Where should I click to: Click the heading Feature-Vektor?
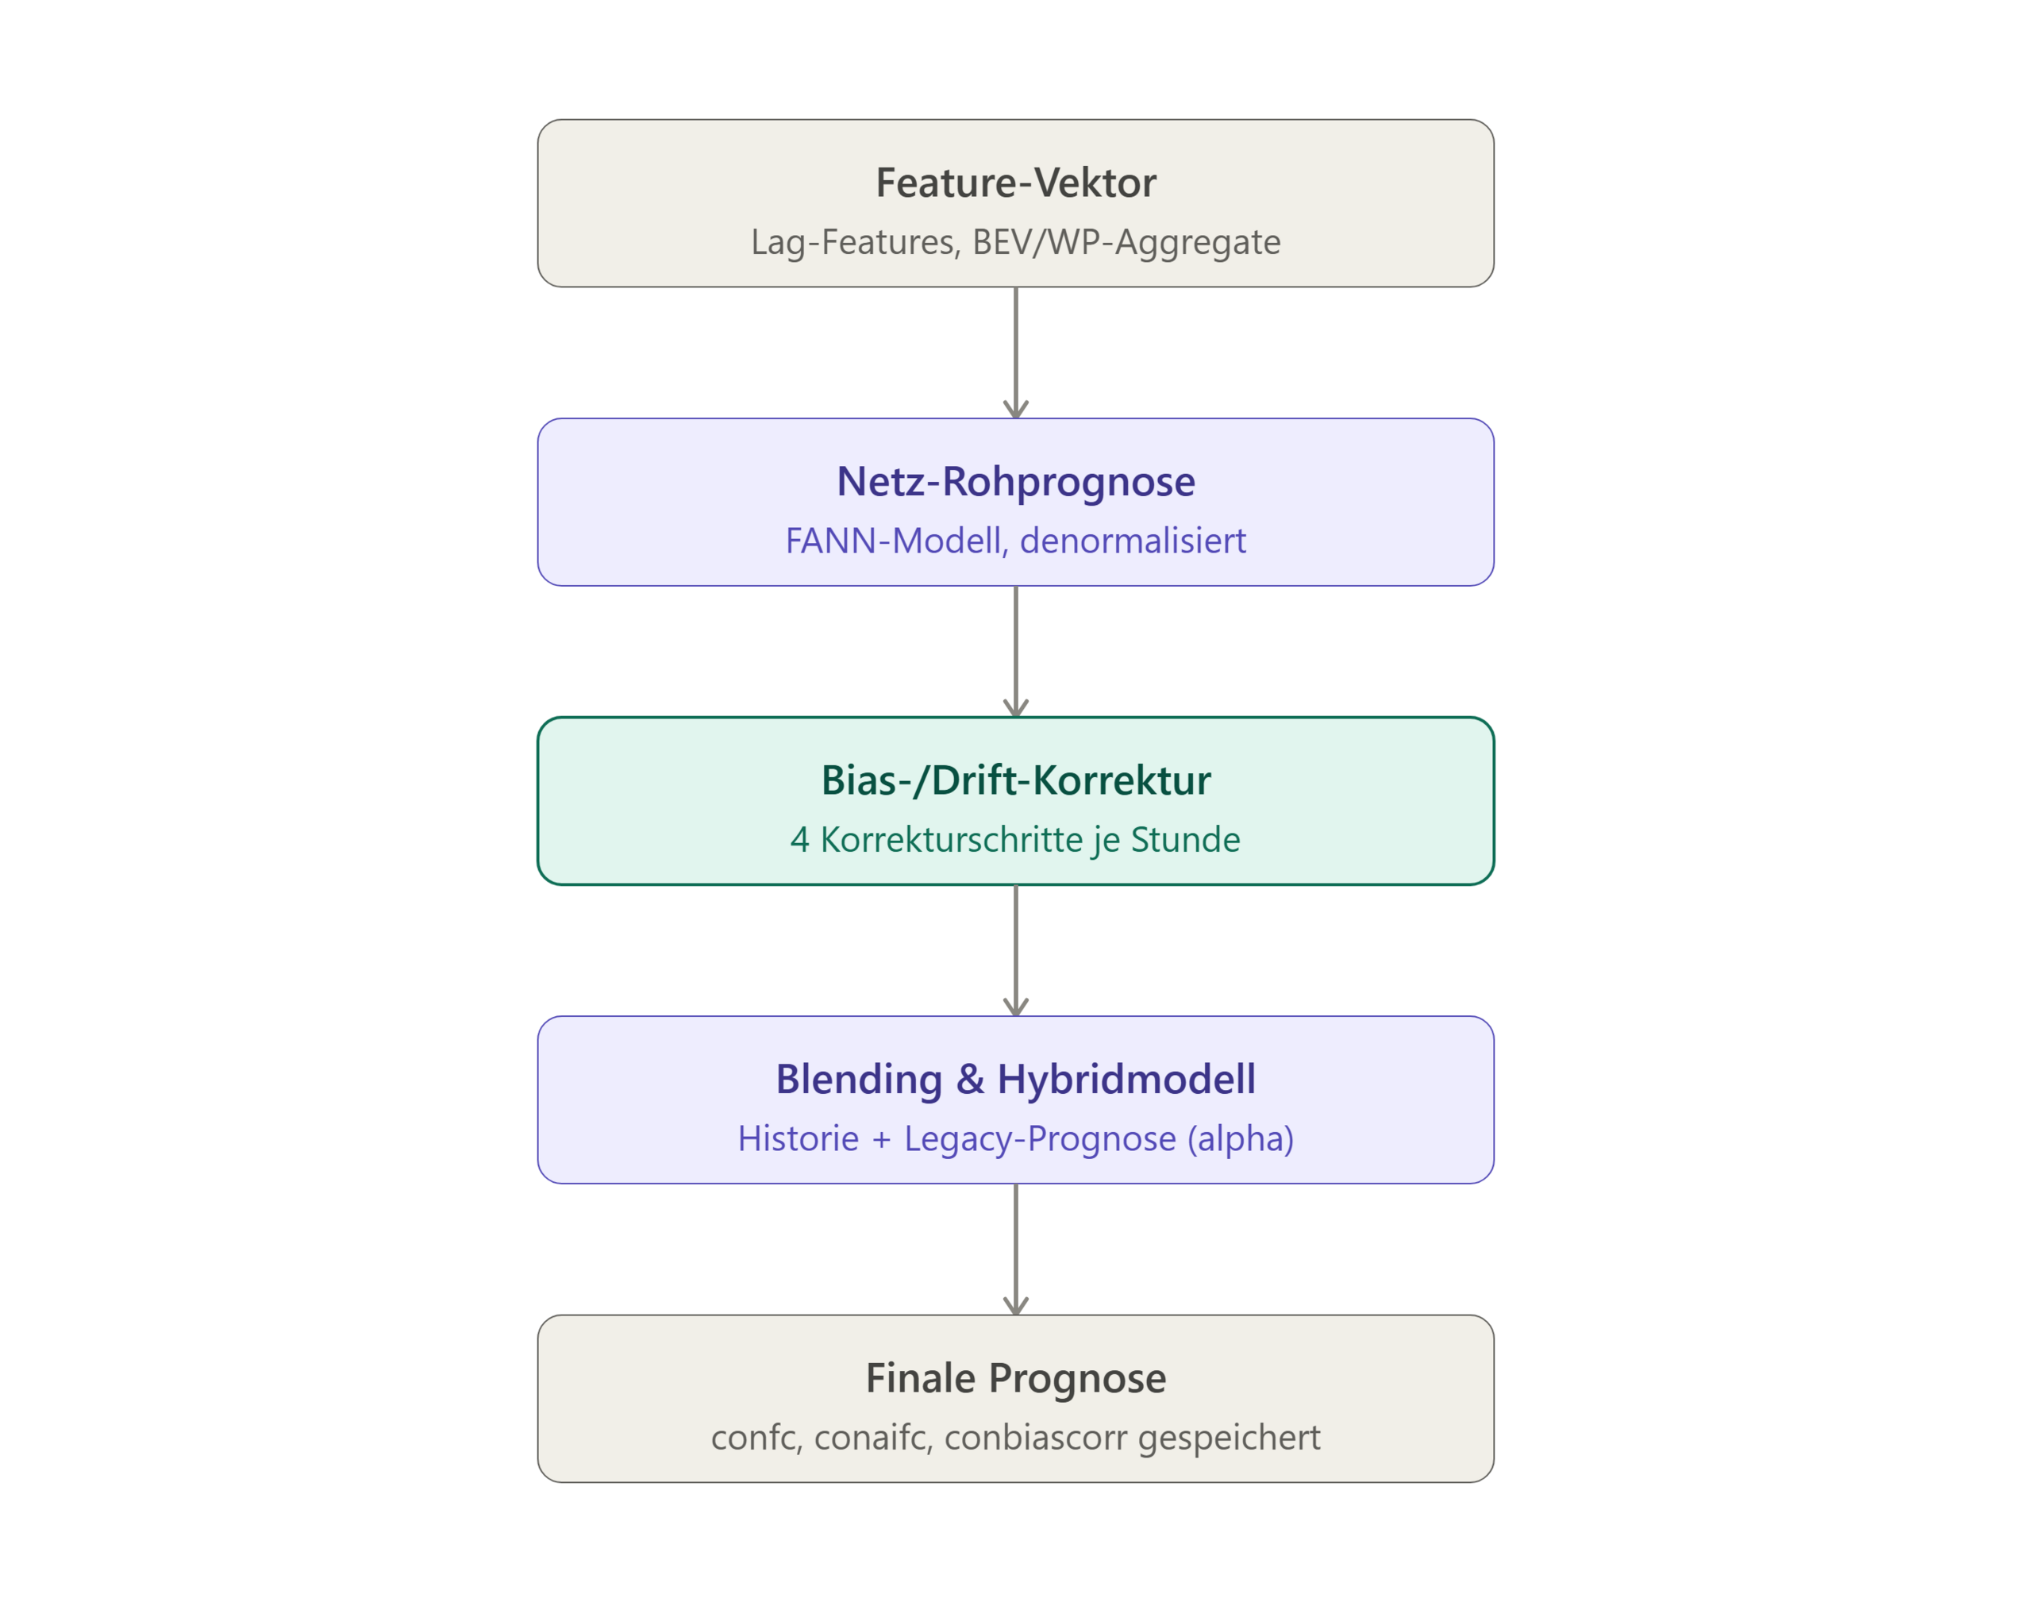pos(1015,183)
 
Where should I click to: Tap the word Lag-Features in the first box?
pos(855,242)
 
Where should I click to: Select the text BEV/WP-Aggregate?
pos(1126,242)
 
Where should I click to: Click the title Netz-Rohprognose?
pos(1015,481)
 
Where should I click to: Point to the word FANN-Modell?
pos(894,541)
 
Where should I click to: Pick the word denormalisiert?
pos(1133,541)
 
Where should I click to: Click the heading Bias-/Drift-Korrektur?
pos(1015,780)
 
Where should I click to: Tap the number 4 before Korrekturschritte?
pos(799,839)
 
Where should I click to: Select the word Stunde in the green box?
pos(1185,839)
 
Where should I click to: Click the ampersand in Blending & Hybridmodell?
pos(971,1080)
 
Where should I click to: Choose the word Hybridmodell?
pos(1126,1080)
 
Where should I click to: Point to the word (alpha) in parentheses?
pos(1241,1138)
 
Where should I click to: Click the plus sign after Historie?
pos(881,1140)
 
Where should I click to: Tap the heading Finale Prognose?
pos(1015,1379)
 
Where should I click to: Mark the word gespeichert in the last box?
pos(1230,1438)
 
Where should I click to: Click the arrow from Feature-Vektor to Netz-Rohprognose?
pos(1015,352)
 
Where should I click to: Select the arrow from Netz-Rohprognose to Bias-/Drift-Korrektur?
pos(1015,652)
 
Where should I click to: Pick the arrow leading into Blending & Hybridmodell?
pos(1015,950)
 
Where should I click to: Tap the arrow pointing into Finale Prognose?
pos(1015,1250)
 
